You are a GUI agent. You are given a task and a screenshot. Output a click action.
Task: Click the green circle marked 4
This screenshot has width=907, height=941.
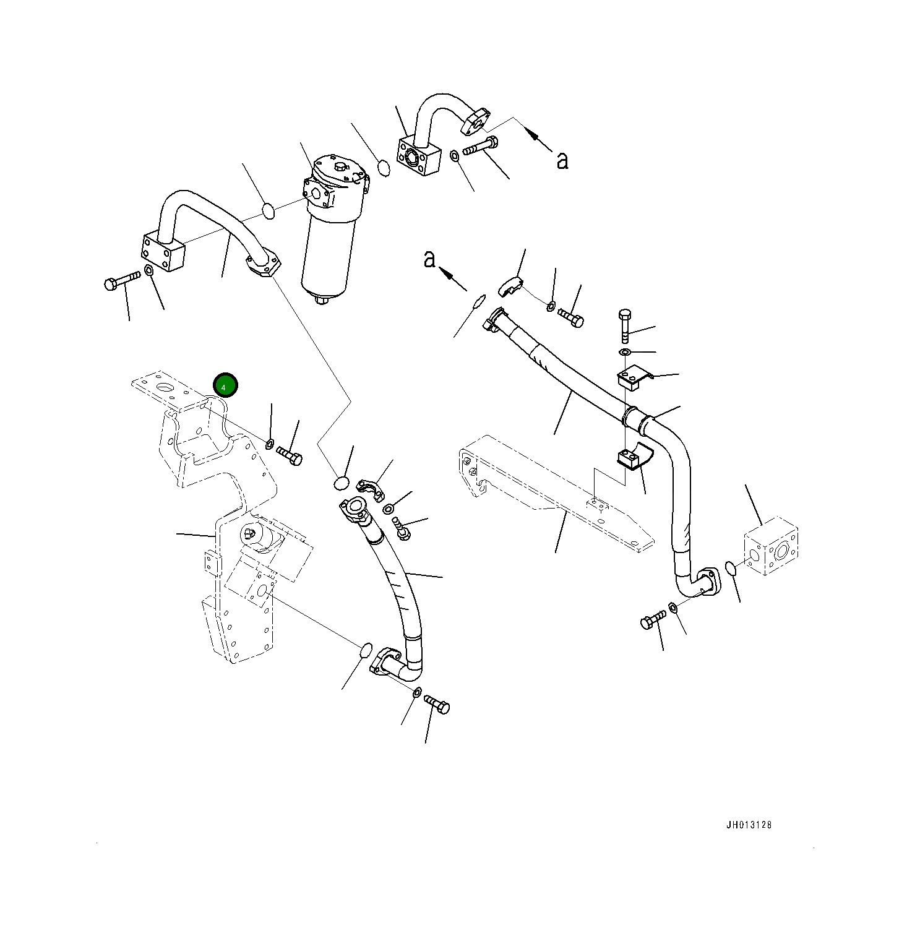[225, 385]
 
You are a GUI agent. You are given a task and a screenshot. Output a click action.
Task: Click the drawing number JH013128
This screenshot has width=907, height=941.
[749, 825]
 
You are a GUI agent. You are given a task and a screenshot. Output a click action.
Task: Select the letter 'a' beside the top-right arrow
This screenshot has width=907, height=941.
[562, 161]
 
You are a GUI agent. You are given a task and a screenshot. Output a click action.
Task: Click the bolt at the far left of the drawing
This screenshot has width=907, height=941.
[121, 282]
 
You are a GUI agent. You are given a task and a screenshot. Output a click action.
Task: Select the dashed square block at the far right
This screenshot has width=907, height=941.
[770, 550]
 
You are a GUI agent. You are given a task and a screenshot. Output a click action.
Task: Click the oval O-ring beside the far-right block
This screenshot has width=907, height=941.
[730, 568]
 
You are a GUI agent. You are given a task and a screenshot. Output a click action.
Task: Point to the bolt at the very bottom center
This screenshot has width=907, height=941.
[437, 705]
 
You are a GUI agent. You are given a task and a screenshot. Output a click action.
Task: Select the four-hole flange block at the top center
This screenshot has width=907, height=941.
[418, 157]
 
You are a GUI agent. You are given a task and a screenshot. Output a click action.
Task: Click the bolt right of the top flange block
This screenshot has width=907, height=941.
[479, 147]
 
